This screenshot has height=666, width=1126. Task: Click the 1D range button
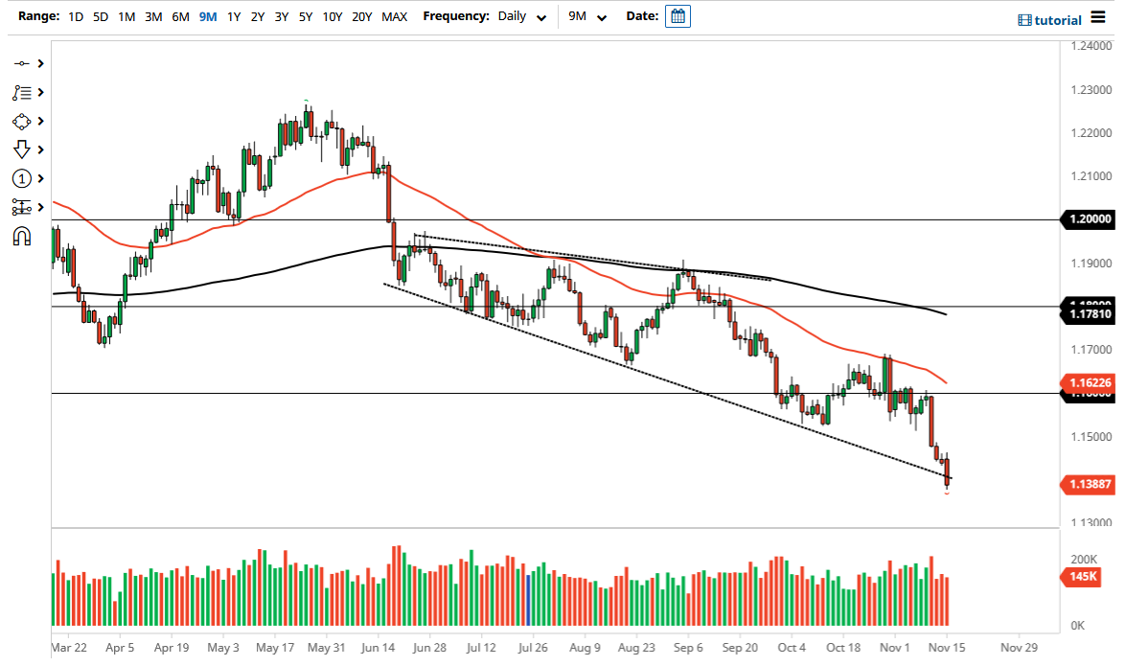[x=76, y=16]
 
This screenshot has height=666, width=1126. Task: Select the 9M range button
[x=207, y=16]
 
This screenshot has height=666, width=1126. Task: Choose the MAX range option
[x=394, y=16]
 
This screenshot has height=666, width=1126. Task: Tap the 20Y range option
[x=361, y=16]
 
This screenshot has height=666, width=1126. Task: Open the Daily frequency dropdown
[x=522, y=16]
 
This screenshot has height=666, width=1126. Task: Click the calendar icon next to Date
[x=678, y=16]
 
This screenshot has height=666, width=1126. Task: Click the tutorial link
[x=1049, y=20]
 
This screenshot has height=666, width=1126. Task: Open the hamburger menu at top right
[x=1098, y=19]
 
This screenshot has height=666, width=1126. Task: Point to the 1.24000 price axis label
[x=1091, y=46]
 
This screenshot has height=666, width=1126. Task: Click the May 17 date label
[x=274, y=647]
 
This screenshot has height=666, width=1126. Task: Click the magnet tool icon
[x=21, y=236]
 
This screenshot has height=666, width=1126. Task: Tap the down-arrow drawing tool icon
[x=22, y=149]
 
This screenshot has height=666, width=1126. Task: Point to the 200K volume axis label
[x=1083, y=559]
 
